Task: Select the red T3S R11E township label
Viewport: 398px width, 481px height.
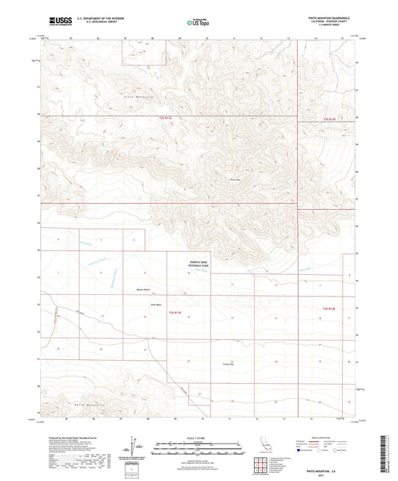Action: (x=175, y=310)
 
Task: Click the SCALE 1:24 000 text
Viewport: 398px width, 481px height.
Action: (x=198, y=437)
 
